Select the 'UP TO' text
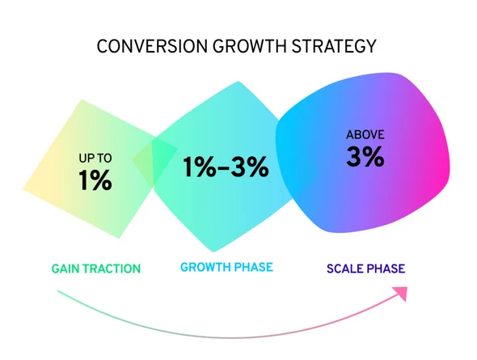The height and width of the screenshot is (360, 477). point(95,159)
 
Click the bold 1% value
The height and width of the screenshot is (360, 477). point(95,180)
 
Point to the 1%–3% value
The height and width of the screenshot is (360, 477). point(225,167)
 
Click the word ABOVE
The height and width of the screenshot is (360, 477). point(365,134)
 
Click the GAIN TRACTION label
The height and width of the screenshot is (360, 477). point(95,268)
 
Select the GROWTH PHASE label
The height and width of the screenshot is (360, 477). point(226,267)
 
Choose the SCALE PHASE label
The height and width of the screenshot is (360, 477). point(365,268)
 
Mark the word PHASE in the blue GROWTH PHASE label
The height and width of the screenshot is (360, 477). point(252,267)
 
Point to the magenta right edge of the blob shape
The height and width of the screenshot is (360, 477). point(445,158)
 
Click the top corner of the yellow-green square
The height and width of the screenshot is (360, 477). point(81,101)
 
